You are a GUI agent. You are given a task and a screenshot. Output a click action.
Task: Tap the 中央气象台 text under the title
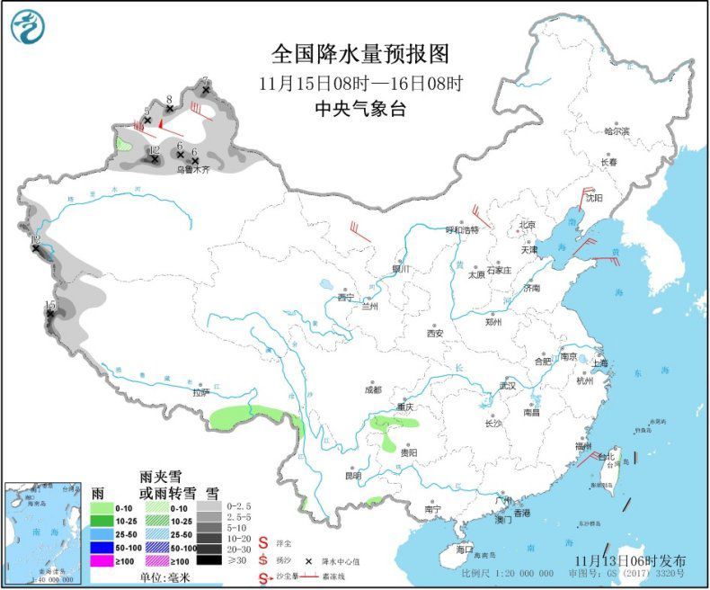click(x=359, y=109)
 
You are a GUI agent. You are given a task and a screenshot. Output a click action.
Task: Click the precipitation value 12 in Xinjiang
click(x=154, y=150)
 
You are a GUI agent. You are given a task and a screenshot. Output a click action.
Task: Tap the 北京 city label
click(x=527, y=225)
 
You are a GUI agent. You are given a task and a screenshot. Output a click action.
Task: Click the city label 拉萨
click(x=200, y=392)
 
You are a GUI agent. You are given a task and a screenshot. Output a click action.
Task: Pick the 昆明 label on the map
click(x=352, y=475)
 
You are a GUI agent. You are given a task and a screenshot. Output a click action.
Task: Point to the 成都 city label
click(x=372, y=389)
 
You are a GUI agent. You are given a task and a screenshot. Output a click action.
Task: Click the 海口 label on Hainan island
click(x=464, y=548)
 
